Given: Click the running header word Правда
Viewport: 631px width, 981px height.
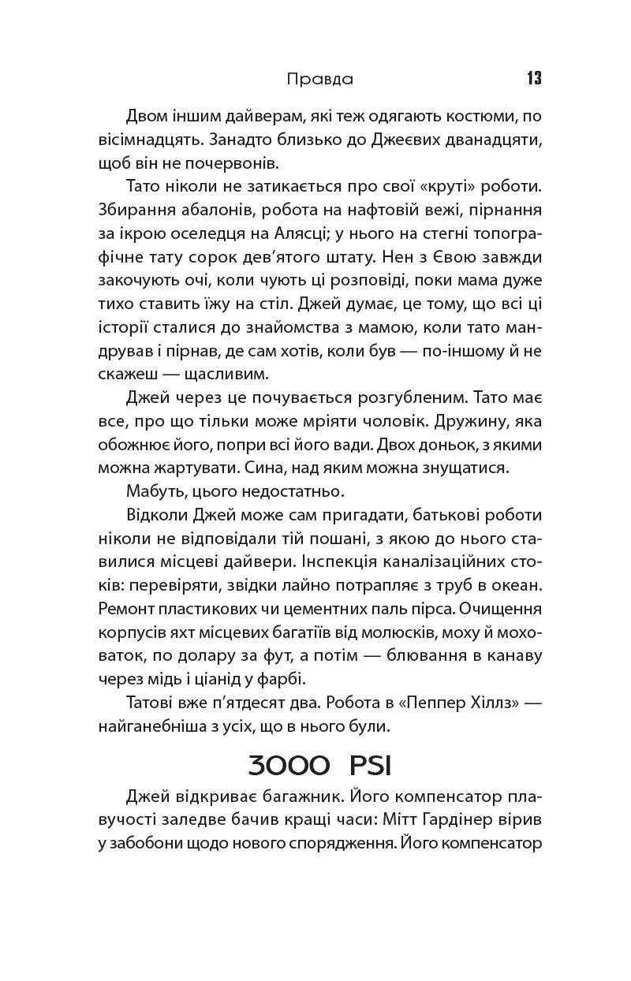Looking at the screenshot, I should click(319, 79).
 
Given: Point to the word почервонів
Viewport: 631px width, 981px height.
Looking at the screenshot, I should click(237, 164).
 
